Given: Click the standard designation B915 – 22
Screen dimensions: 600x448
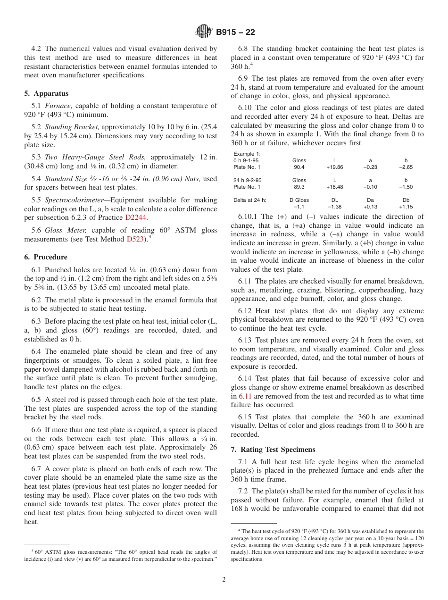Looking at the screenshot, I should [x=235, y=32].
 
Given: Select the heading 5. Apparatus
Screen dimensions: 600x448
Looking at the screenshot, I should [x=46, y=93].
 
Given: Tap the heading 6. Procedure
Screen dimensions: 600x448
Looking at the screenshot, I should [x=46, y=257].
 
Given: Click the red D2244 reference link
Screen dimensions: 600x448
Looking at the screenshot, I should [x=136, y=217].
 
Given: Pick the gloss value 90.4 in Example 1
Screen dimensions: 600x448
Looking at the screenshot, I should [x=299, y=167].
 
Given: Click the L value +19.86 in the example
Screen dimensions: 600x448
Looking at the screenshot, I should [x=334, y=167].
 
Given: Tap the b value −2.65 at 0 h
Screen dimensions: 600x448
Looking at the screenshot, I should [x=406, y=167].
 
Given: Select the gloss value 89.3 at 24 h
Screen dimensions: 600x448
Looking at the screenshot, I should [x=299, y=187].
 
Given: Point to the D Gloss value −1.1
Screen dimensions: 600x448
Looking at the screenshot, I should [x=299, y=207].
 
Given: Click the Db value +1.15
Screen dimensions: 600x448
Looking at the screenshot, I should [x=406, y=207].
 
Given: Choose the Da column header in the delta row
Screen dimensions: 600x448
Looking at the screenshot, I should [x=370, y=200].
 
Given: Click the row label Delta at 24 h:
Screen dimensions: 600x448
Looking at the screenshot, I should [x=250, y=200].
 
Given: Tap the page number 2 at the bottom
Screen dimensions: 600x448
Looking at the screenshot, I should [x=224, y=580].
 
